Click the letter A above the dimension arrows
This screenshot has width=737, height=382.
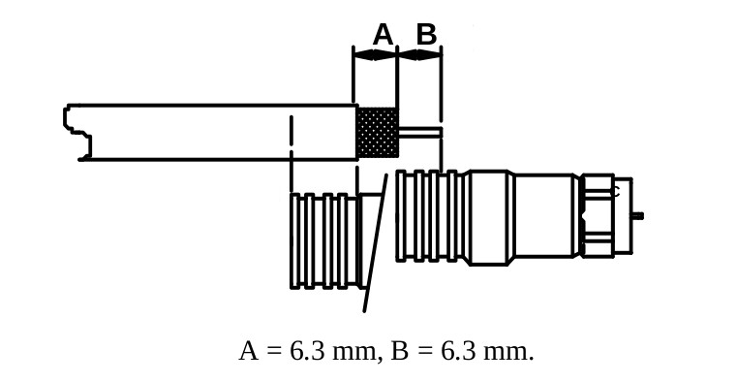point(383,35)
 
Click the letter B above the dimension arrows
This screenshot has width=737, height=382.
point(426,35)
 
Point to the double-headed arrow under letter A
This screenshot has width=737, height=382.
point(375,55)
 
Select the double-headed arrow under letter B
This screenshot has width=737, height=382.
point(419,55)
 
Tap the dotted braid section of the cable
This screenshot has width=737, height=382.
point(377,132)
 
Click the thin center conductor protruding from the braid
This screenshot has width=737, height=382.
point(419,132)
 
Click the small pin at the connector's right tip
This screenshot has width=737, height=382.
point(636,215)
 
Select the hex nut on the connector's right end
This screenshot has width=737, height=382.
point(598,215)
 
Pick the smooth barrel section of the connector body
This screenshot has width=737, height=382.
point(543,215)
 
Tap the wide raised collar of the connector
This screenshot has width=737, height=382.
point(488,217)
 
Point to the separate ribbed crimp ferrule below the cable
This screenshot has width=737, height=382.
point(323,240)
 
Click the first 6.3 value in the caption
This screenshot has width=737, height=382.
point(307,352)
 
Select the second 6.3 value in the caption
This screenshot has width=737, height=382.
point(458,352)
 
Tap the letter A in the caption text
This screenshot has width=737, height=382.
point(248,352)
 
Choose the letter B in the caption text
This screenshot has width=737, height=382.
point(399,352)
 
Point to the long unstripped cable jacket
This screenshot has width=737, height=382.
point(213,132)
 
